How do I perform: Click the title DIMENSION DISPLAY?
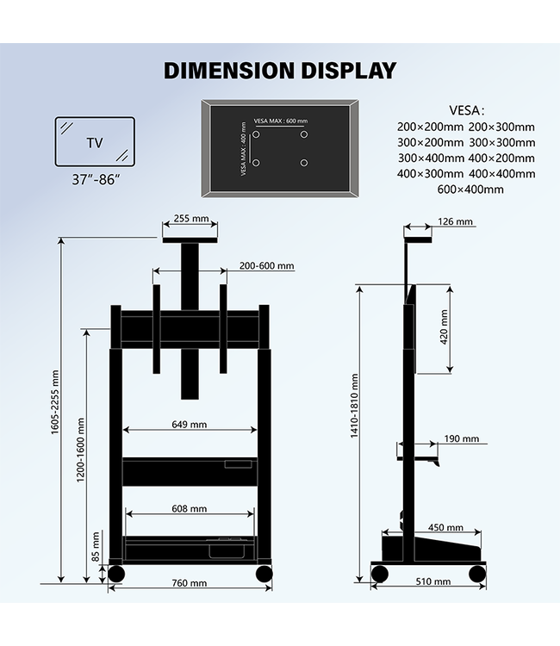click(280, 70)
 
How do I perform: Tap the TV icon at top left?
click(95, 142)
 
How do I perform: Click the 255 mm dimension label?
click(190, 220)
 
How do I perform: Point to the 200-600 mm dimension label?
click(267, 266)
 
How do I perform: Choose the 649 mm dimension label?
click(189, 424)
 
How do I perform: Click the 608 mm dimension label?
click(189, 509)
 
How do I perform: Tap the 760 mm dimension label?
click(190, 583)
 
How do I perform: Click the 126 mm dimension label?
click(456, 222)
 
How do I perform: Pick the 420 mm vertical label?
click(444, 328)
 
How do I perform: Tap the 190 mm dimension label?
click(461, 438)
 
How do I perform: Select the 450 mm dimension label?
click(445, 528)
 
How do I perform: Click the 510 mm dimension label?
click(432, 581)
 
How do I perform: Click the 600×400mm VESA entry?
click(470, 189)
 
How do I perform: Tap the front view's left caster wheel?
click(115, 574)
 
